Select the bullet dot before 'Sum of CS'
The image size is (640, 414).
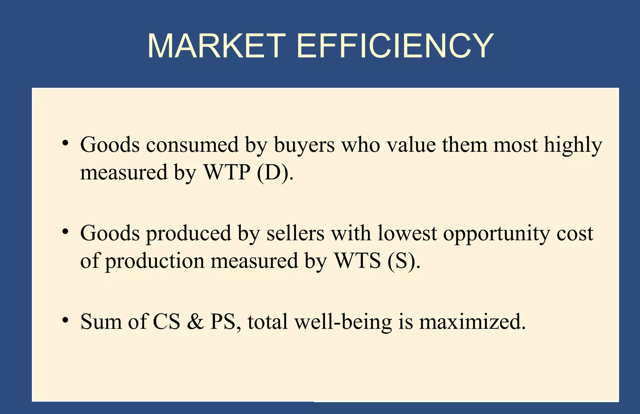pos(65,320)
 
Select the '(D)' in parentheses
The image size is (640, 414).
pos(273,173)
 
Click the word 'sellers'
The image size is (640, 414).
pos(295,233)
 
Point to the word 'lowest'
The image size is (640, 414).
pos(407,233)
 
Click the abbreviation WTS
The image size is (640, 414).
pos(357,261)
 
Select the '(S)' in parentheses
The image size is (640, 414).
pos(401,261)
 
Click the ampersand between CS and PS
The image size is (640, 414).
pos(195,322)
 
